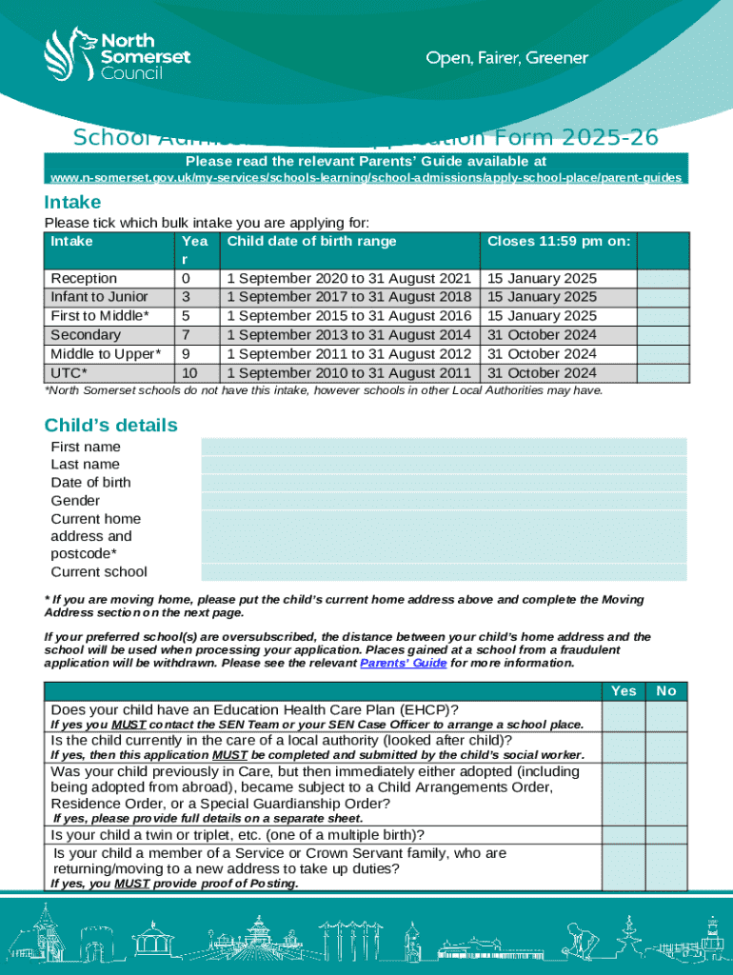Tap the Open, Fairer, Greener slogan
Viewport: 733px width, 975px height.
pyautogui.click(x=506, y=59)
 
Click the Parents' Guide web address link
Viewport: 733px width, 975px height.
pyautogui.click(x=366, y=178)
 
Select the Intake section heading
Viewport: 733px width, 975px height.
pyautogui.click(x=72, y=202)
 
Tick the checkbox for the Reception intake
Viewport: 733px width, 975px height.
pyautogui.click(x=662, y=278)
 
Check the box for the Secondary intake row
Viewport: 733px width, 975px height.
pyautogui.click(x=662, y=335)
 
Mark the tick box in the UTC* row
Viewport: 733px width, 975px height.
pyautogui.click(x=662, y=373)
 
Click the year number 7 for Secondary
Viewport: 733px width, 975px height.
pyautogui.click(x=186, y=335)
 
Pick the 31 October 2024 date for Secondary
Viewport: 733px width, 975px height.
pyautogui.click(x=542, y=335)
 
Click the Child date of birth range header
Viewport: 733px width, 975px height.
pyautogui.click(x=311, y=242)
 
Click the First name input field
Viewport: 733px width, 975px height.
pyautogui.click(x=444, y=447)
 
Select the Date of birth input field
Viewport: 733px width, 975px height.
pyautogui.click(x=444, y=483)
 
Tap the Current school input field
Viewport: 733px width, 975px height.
pyautogui.click(x=444, y=572)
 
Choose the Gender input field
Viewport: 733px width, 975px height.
pyautogui.click(x=444, y=501)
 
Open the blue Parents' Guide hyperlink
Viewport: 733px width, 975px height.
pyautogui.click(x=404, y=663)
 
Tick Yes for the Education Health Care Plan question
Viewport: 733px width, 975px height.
pyautogui.click(x=624, y=716)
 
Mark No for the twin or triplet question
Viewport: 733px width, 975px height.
pyautogui.click(x=666, y=835)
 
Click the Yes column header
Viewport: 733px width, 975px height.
pyautogui.click(x=624, y=691)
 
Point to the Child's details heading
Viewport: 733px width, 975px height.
pyautogui.click(x=110, y=426)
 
